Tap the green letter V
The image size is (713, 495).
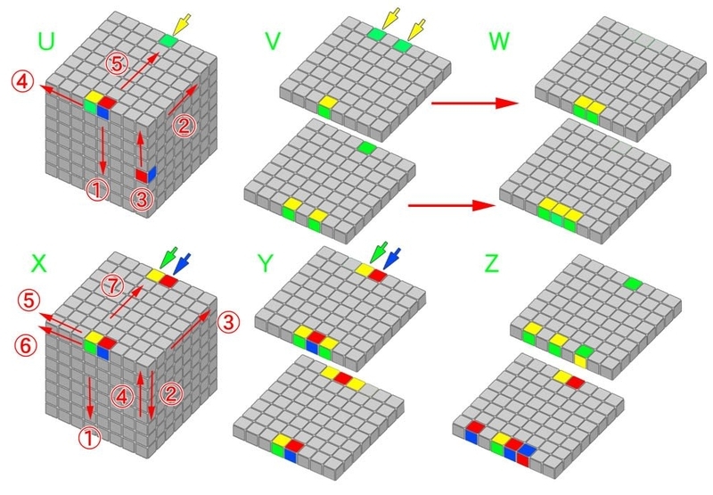click(x=275, y=41)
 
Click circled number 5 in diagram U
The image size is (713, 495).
click(x=116, y=62)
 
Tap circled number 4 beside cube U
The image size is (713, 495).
click(x=22, y=81)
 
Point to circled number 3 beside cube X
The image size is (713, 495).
click(x=228, y=318)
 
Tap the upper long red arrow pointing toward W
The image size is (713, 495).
click(x=472, y=104)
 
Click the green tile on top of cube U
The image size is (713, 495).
click(x=168, y=41)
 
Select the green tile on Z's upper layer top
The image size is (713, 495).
click(x=634, y=285)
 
